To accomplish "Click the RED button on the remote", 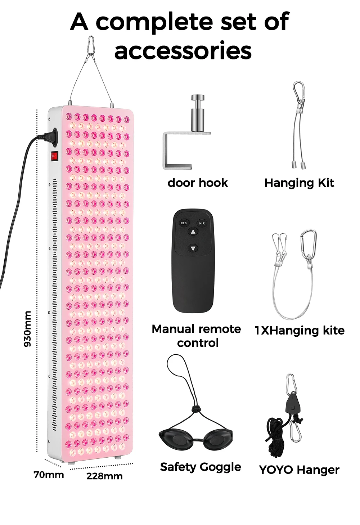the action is pos(184,223).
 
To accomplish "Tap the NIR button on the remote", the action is pos(202,223).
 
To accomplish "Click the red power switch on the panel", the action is pos(54,156).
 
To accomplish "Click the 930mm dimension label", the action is pos(28,328).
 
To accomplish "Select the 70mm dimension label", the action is pos(49,475).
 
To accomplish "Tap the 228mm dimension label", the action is pos(104,476).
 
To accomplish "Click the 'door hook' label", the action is pos(198,183).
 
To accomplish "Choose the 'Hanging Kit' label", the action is pos(299,183).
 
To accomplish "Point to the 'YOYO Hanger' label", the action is pos(299,470).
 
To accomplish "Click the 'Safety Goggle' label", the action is pos(201,467).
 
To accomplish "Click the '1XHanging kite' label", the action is pos(300,330).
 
